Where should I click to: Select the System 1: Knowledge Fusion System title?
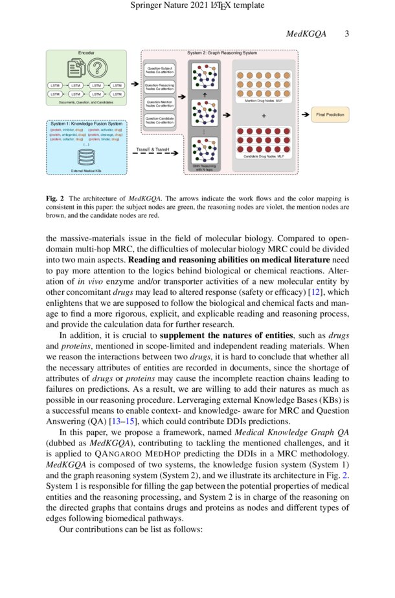pyautogui.click(x=86, y=123)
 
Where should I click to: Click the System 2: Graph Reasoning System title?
pyautogui.click(x=221, y=52)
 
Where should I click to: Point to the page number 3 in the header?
pyautogui.click(x=346, y=34)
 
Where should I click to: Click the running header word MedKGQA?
pyautogui.click(x=308, y=34)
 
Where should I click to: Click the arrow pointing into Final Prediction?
pyautogui.click(x=304, y=114)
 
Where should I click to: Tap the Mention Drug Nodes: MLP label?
pyautogui.click(x=263, y=101)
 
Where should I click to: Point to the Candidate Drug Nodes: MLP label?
pyautogui.click(x=263, y=157)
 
